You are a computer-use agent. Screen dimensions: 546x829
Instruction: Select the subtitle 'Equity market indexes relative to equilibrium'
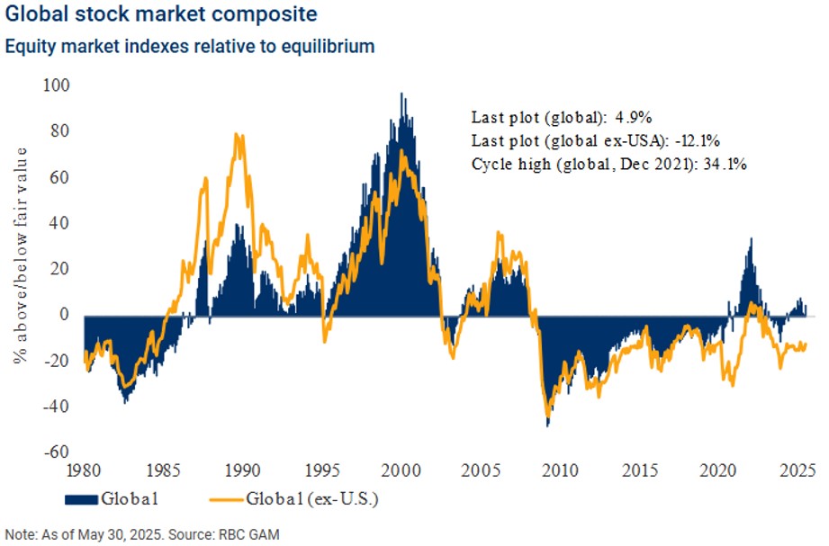pyautogui.click(x=189, y=46)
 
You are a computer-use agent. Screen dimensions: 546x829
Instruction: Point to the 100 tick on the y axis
pyautogui.click(x=59, y=85)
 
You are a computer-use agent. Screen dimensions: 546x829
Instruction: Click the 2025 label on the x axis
pyautogui.click(x=797, y=470)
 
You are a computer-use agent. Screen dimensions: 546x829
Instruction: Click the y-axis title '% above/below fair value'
pyautogui.click(x=21, y=260)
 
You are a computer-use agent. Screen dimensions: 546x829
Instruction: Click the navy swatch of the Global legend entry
pyautogui.click(x=81, y=498)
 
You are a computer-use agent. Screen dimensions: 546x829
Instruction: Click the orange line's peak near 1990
pyautogui.click(x=237, y=134)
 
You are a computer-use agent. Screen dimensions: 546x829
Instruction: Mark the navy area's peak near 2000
pyautogui.click(x=401, y=94)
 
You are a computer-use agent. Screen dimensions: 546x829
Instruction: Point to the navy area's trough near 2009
pyautogui.click(x=547, y=425)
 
